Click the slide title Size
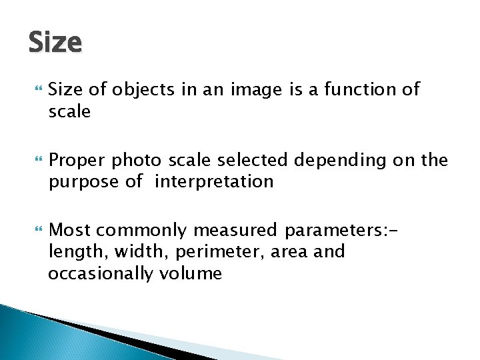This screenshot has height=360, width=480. coord(55,43)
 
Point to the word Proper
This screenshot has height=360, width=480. coord(78,161)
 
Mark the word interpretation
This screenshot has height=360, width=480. coord(213,182)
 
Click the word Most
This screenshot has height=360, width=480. coord(71,231)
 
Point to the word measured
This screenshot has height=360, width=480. coord(235,231)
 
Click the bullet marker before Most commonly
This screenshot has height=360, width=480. coord(36,230)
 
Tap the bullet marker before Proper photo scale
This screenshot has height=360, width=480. coord(36,160)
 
